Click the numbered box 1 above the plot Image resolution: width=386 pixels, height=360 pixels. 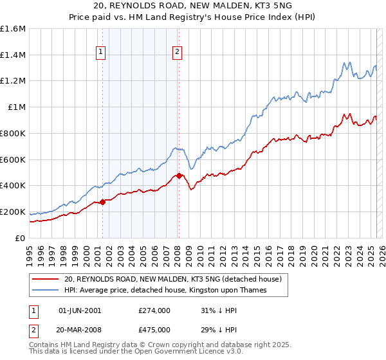tap(102, 53)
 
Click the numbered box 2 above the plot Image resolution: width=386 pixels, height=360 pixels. tap(177, 53)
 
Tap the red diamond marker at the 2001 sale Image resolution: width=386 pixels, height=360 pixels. tap(102, 202)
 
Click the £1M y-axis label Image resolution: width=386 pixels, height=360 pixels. tap(17, 107)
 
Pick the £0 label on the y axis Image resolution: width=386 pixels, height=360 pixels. tap(21, 238)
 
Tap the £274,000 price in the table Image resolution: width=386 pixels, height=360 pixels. tap(154, 310)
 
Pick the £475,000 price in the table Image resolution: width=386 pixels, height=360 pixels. tap(154, 330)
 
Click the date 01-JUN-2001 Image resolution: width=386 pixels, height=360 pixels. tap(80, 310)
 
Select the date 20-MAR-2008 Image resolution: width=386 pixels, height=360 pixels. tap(80, 330)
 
